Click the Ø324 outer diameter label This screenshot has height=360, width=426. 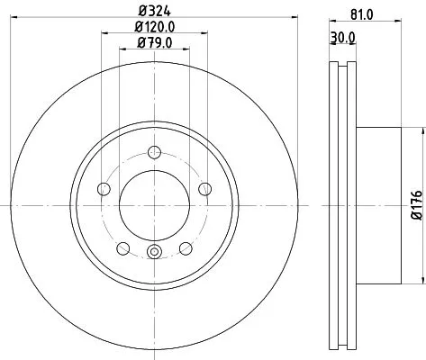point(154,12)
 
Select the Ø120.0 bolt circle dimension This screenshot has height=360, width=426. point(154,27)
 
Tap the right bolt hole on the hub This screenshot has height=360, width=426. point(206,188)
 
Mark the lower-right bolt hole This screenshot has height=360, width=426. point(186,249)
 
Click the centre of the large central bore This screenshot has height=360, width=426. point(154,206)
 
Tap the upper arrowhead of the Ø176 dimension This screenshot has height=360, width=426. point(417,131)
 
